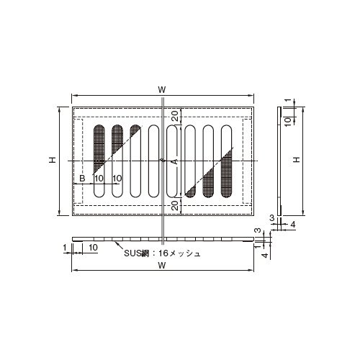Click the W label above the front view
[x=162, y=90]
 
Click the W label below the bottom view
[x=162, y=265]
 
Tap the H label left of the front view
[x=53, y=160]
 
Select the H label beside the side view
[x=297, y=160]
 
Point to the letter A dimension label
[x=176, y=161]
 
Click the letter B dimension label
[x=82, y=179]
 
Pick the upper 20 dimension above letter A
[x=176, y=116]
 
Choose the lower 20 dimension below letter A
[x=176, y=205]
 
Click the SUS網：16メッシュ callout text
[x=162, y=253]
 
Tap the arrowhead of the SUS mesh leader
[x=117, y=243]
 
